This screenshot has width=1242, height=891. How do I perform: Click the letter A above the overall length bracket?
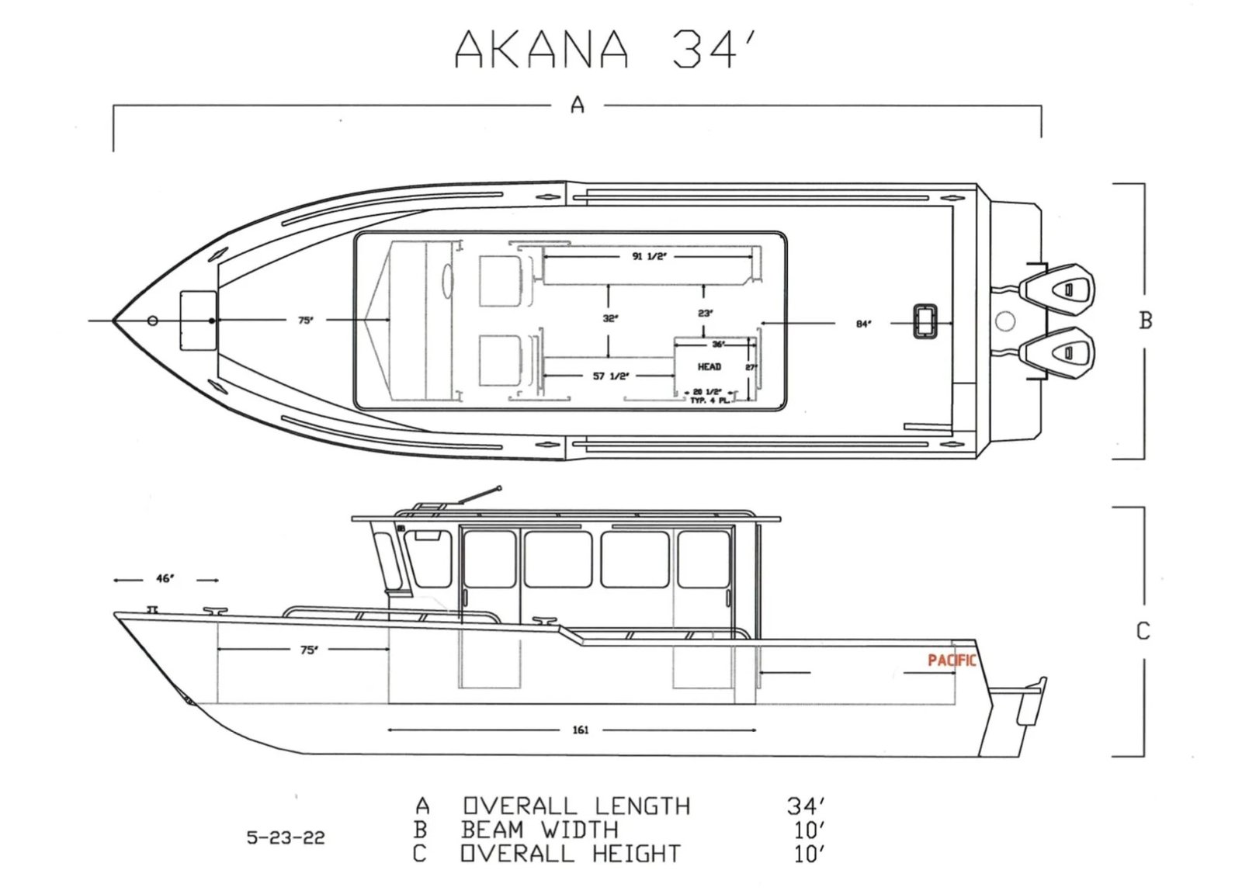coord(578,104)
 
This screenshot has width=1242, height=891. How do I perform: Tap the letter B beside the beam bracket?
coord(1145,321)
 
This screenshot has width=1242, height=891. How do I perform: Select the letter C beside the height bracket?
coord(1143,631)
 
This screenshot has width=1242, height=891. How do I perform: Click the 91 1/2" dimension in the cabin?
coord(649,256)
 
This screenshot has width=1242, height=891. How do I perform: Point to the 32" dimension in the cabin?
coord(610,318)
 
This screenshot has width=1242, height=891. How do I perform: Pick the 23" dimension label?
coord(705,314)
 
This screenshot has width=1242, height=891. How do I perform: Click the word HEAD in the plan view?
coord(709,366)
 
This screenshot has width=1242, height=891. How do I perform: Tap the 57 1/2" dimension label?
coord(611,376)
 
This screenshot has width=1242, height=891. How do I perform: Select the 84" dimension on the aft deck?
coord(863,324)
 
